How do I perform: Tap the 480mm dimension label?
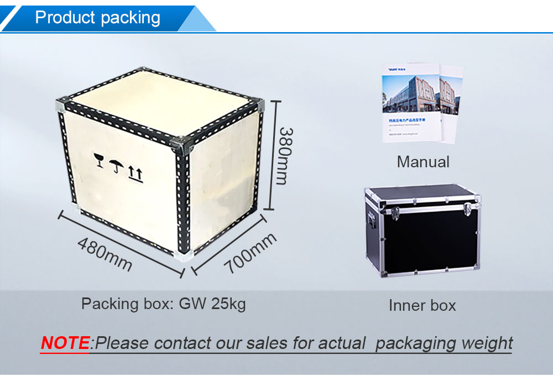pyautogui.click(x=105, y=254)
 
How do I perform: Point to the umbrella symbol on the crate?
pyautogui.click(x=116, y=166)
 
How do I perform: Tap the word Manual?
pyautogui.click(x=423, y=162)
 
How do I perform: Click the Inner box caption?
pyautogui.click(x=422, y=305)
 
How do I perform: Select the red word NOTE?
pyautogui.click(x=65, y=343)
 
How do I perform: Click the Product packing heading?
pyautogui.click(x=97, y=18)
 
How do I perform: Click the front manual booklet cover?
pyautogui.click(x=411, y=105)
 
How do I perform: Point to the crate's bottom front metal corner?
pyautogui.click(x=183, y=254)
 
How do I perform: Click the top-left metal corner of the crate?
pyautogui.click(x=62, y=105)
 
